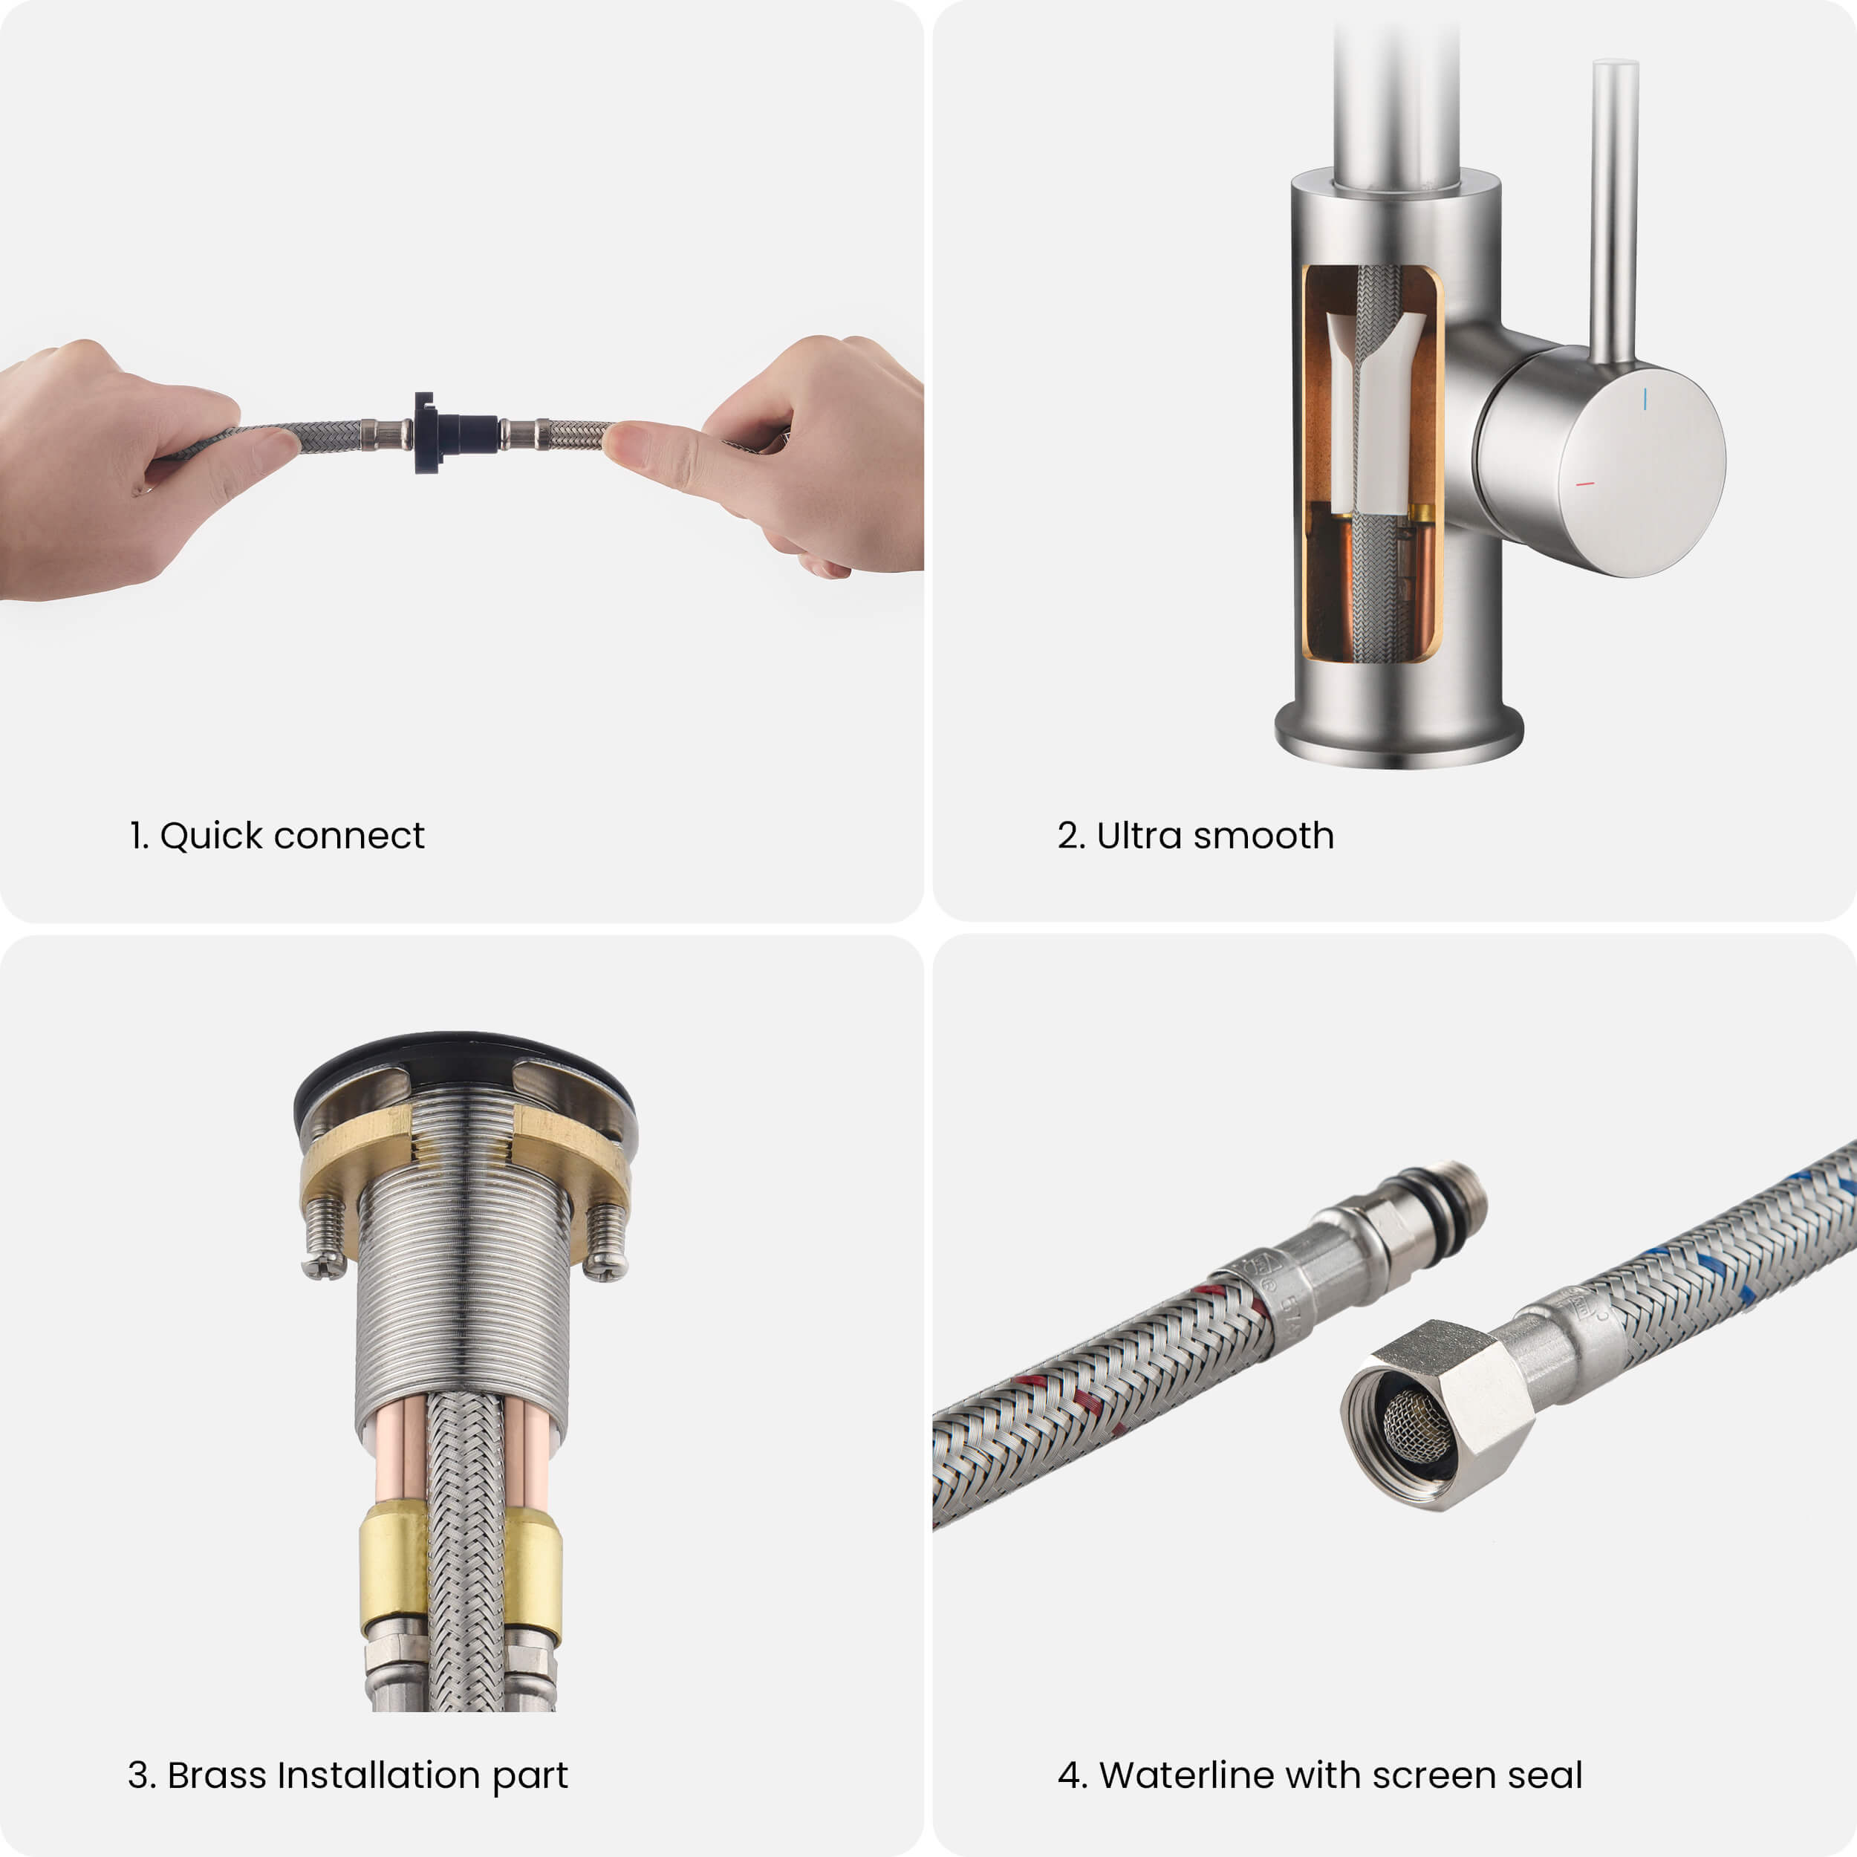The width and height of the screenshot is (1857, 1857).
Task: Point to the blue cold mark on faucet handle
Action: (1645, 399)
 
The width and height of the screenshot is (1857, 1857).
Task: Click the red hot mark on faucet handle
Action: (1585, 484)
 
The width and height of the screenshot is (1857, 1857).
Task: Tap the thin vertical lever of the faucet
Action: (1614, 212)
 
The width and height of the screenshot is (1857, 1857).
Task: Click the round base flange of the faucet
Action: (1399, 735)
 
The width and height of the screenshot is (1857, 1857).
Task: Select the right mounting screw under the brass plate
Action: (605, 1241)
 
